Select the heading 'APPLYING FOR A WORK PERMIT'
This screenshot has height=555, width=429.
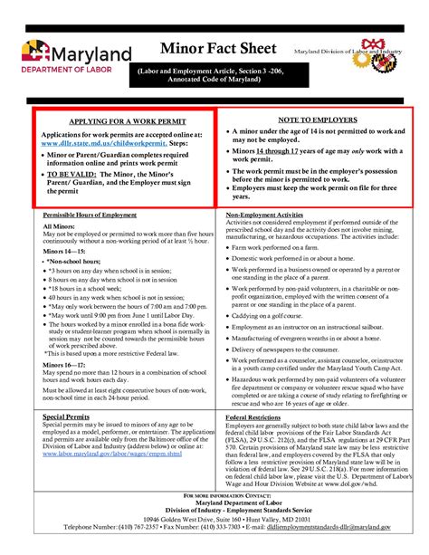point(123,120)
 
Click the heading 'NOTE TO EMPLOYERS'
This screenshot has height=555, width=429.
point(315,120)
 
